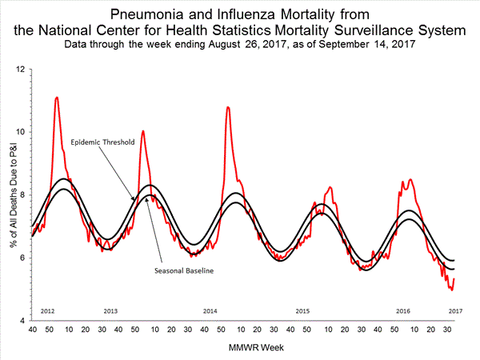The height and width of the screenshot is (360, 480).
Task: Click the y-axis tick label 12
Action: coord(20,70)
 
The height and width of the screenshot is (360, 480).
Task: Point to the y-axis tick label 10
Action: coord(20,132)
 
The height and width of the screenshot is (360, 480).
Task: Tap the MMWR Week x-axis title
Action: coord(244,349)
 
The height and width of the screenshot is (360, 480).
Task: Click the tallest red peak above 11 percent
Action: coord(56,98)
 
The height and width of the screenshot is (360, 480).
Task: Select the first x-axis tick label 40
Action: coord(32,330)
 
